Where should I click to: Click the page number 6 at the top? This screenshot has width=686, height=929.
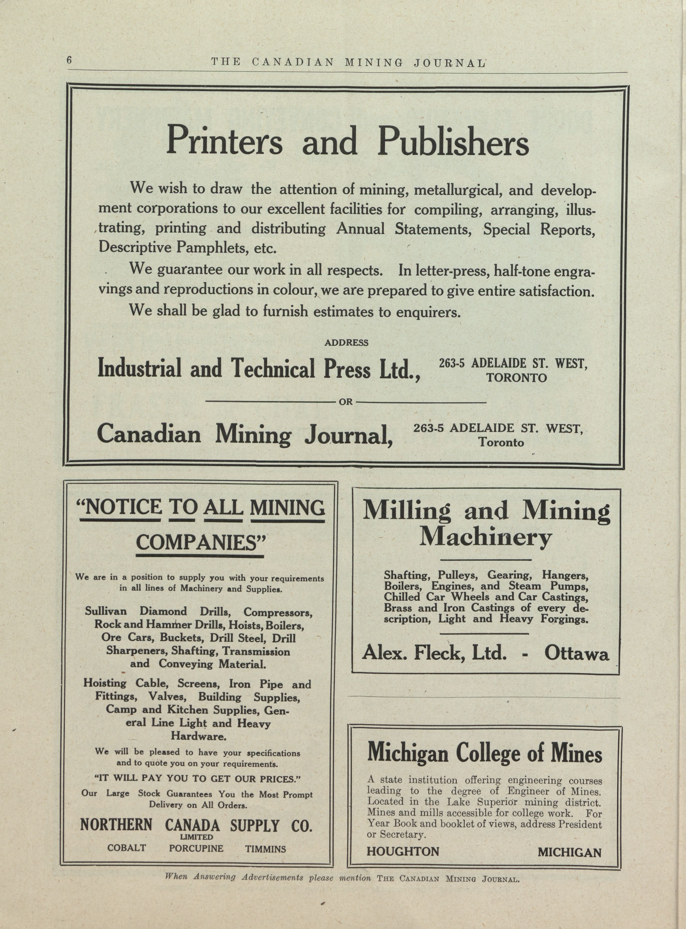pyautogui.click(x=69, y=60)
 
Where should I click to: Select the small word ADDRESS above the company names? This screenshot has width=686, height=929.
pyautogui.click(x=346, y=343)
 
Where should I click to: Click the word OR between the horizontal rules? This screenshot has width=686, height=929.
pyautogui.click(x=346, y=402)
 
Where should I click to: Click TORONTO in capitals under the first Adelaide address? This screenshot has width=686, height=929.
pyautogui.click(x=517, y=378)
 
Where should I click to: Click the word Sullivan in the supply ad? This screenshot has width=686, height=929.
pyautogui.click(x=106, y=611)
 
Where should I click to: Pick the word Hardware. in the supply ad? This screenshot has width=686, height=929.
pyautogui.click(x=198, y=736)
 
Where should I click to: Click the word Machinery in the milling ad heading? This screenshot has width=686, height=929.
pyautogui.click(x=485, y=538)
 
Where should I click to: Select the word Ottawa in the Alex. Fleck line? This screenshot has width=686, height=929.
pyautogui.click(x=576, y=654)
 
